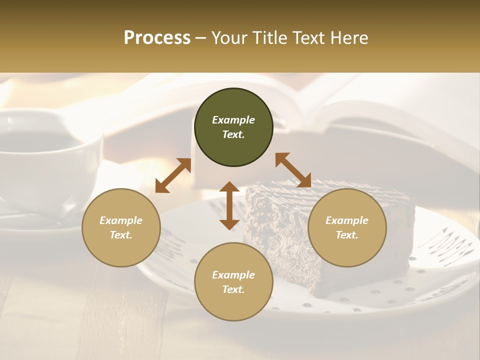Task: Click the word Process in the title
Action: coord(157,38)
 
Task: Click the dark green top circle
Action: coord(233,127)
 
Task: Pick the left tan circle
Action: coord(121,228)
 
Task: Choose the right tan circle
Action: coord(347,228)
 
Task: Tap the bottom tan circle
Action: coord(233,282)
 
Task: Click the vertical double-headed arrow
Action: coord(229,205)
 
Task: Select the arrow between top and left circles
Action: coord(173,175)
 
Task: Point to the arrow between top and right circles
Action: coord(293,170)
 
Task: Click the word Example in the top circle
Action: coord(233,120)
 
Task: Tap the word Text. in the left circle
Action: coord(121,235)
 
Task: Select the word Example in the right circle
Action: coord(347,220)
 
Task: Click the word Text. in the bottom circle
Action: coord(233,290)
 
